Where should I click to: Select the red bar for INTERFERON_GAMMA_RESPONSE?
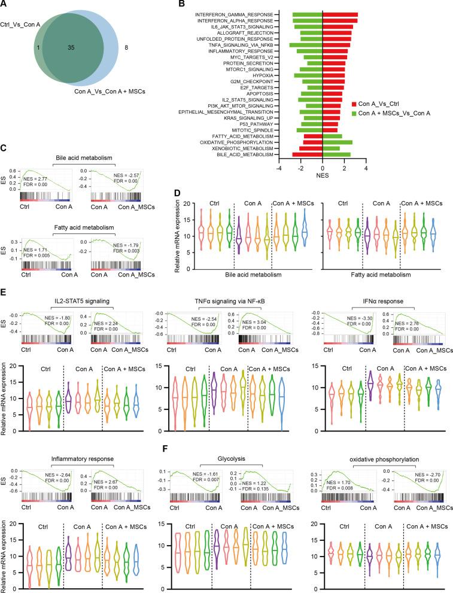tap(340, 14)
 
